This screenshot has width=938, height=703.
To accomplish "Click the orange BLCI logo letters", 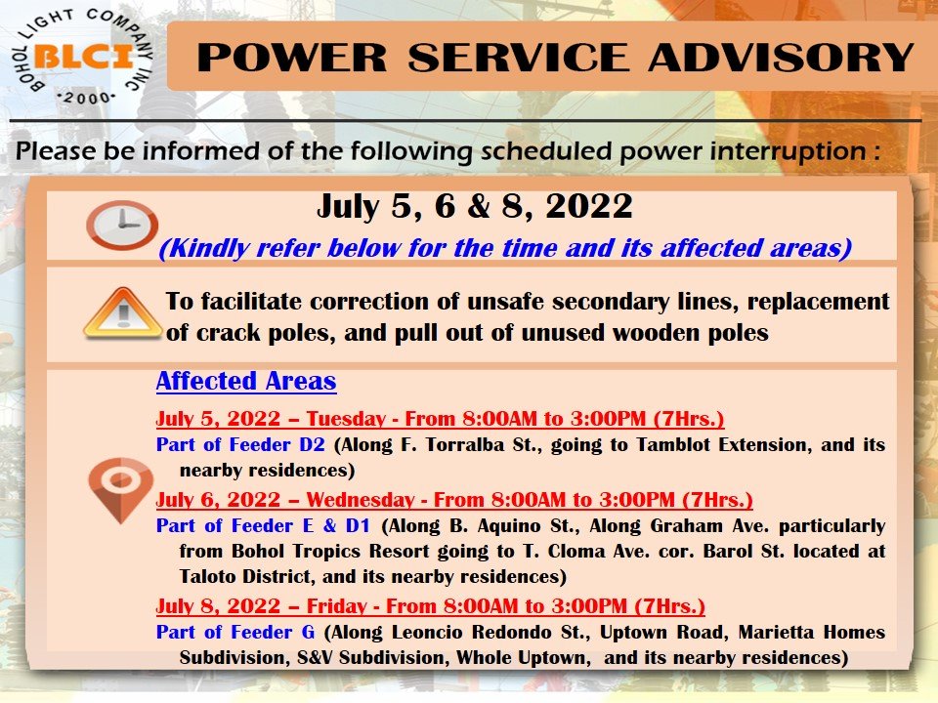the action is pyautogui.click(x=84, y=57).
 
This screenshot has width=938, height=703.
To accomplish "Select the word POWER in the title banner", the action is pyautogui.click(x=292, y=58).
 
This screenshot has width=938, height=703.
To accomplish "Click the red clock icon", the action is pyautogui.click(x=122, y=225).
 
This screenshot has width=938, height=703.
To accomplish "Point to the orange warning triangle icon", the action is pyautogui.click(x=123, y=312).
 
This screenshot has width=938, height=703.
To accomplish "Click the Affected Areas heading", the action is pyautogui.click(x=246, y=382).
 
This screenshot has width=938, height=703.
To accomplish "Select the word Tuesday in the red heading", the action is pyautogui.click(x=346, y=419).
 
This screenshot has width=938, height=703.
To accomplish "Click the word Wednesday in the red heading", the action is pyautogui.click(x=361, y=499).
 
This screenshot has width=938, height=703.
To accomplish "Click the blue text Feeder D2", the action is pyautogui.click(x=277, y=445).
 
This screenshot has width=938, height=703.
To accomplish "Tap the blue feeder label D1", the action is pyautogui.click(x=358, y=525).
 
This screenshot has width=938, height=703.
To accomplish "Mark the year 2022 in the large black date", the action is pyautogui.click(x=588, y=206).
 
